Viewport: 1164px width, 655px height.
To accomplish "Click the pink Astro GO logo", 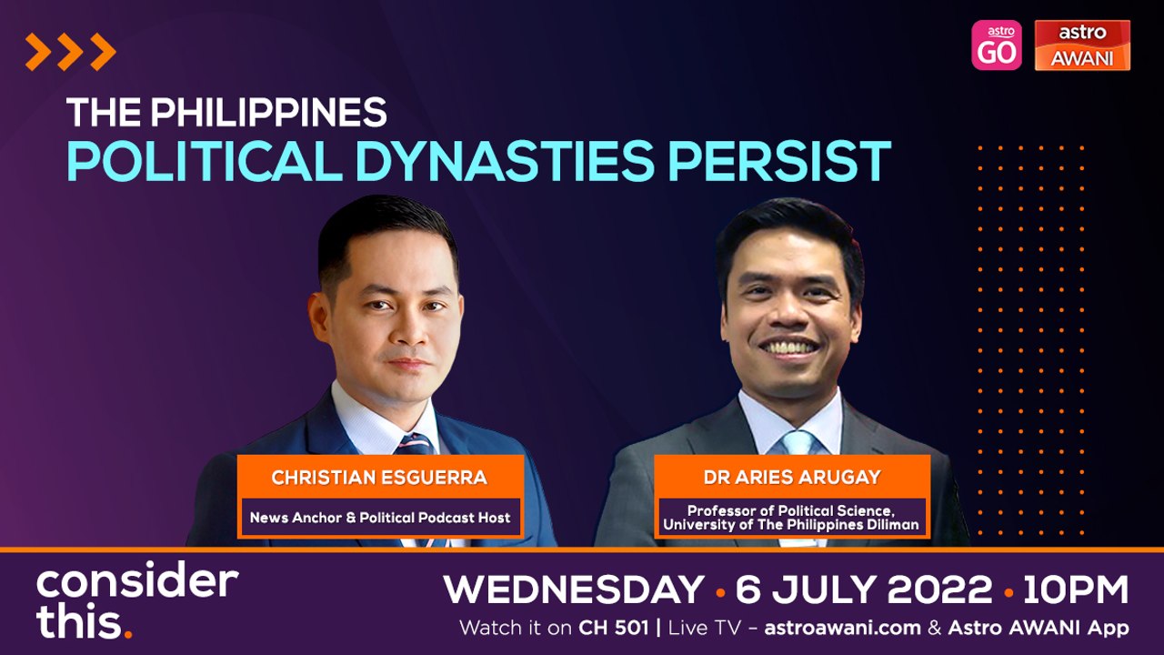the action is [x=996, y=45].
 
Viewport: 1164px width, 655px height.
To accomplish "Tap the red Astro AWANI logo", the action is [x=1082, y=45].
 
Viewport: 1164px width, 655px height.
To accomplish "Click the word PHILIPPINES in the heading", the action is [x=268, y=112].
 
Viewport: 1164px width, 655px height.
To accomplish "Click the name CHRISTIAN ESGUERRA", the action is [x=379, y=478].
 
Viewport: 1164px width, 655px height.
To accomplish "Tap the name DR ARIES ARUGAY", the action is [x=792, y=478].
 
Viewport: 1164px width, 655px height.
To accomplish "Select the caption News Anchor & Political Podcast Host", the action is [x=380, y=518].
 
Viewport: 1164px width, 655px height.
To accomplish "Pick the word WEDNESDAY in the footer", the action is [x=574, y=589].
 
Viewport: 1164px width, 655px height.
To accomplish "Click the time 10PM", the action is [x=1076, y=589].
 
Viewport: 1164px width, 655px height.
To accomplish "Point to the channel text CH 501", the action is [x=614, y=628].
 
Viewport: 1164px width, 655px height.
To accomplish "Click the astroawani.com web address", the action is [x=842, y=628].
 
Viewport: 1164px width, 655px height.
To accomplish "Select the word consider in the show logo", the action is [x=137, y=579].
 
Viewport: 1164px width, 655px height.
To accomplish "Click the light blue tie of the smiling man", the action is [x=798, y=443].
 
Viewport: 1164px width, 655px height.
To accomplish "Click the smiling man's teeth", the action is [x=788, y=347].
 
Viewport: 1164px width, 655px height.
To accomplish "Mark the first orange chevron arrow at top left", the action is [x=37, y=52].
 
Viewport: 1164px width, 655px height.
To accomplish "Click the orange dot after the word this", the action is [x=128, y=634].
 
